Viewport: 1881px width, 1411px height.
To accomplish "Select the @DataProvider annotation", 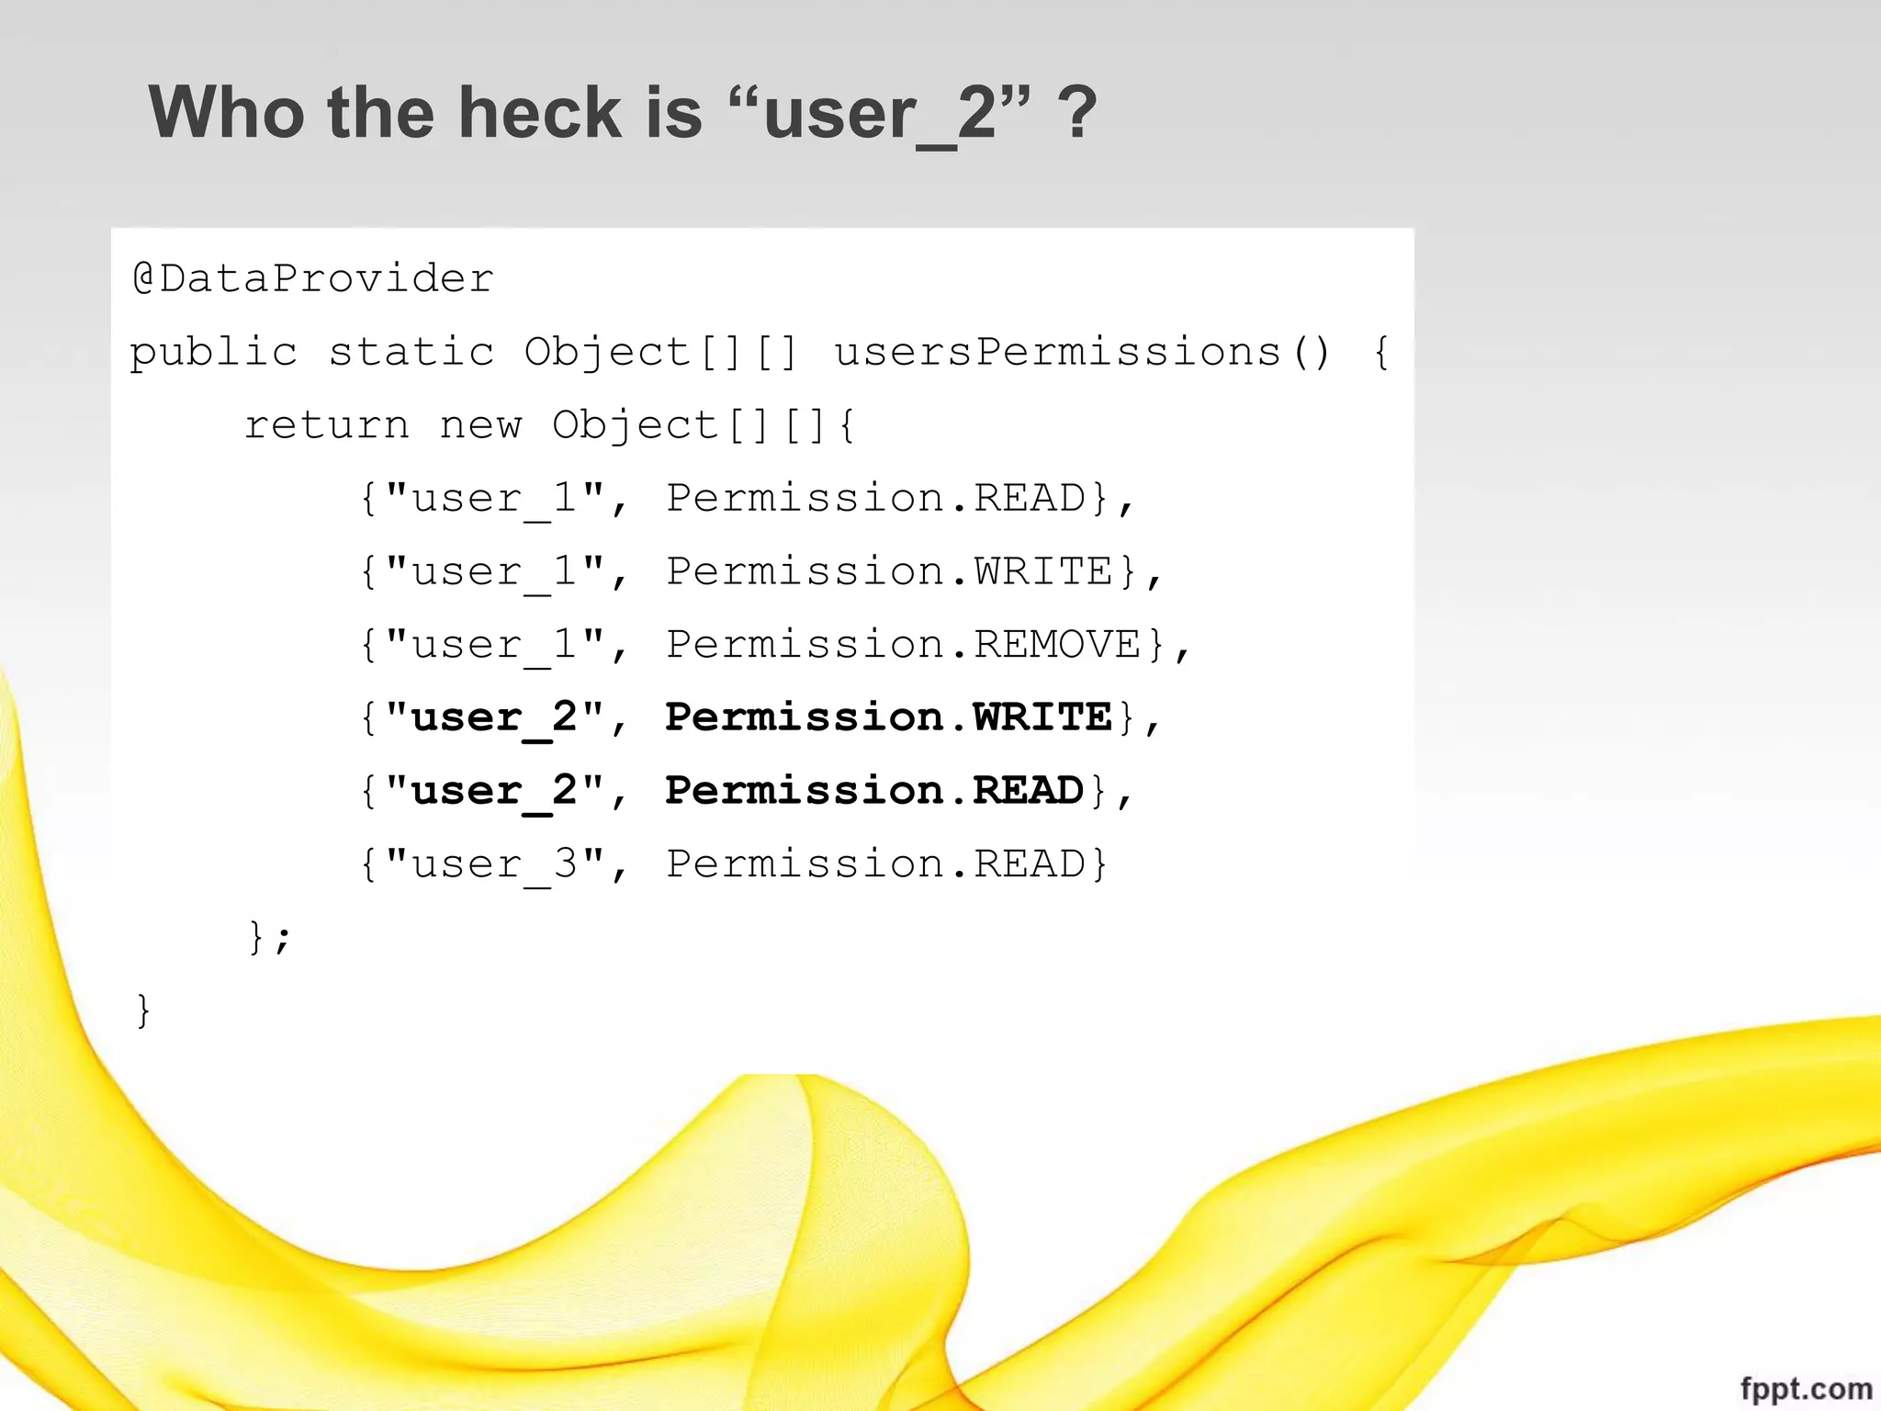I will pos(313,278).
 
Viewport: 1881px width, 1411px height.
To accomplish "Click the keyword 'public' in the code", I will pos(214,353).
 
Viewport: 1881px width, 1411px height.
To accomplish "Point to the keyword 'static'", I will pos(411,352).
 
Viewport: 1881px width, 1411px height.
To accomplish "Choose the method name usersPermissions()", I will pos(1082,352).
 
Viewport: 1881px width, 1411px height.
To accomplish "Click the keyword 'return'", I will pos(326,425).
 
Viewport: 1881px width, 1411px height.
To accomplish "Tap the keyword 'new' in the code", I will pos(480,425).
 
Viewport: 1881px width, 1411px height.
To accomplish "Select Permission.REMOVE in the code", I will pos(904,644).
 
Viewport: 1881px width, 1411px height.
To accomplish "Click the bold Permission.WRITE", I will pos(889,717).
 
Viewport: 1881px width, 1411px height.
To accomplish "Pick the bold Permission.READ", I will pos(874,791).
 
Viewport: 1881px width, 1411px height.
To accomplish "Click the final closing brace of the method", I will pos(143,1011).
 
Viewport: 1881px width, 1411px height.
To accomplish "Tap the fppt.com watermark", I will pos(1806,1388).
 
